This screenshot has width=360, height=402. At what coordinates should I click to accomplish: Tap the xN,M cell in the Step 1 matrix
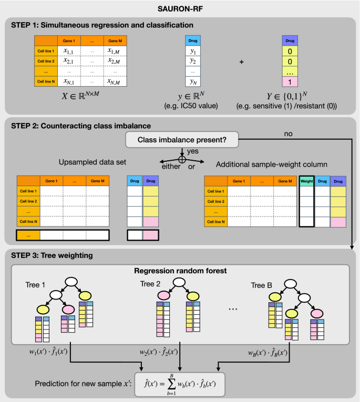point(114,82)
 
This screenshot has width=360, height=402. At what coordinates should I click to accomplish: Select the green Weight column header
point(306,181)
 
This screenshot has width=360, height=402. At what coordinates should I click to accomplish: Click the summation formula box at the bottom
point(179,384)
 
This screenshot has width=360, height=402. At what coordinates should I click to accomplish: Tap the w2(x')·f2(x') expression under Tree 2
point(158,352)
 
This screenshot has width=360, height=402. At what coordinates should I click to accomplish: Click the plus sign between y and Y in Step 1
point(242,62)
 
